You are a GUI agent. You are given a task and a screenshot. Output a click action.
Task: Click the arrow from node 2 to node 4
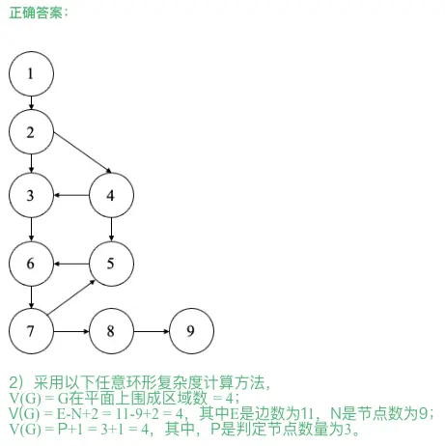82,153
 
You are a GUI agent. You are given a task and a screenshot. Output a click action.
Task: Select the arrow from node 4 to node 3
71,195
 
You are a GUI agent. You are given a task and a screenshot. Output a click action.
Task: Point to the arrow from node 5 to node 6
71,264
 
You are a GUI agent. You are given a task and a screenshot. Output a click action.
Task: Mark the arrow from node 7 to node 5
71,297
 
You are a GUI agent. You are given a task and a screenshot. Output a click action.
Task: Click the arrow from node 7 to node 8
71,331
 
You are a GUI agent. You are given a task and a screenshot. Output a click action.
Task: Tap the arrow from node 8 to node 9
152,331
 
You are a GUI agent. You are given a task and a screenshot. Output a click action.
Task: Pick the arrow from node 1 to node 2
31,103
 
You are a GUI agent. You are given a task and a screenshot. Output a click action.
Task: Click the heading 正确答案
36,14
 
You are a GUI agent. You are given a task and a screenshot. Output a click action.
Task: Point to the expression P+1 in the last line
70,430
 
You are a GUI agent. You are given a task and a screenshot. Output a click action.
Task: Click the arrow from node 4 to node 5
111,230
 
